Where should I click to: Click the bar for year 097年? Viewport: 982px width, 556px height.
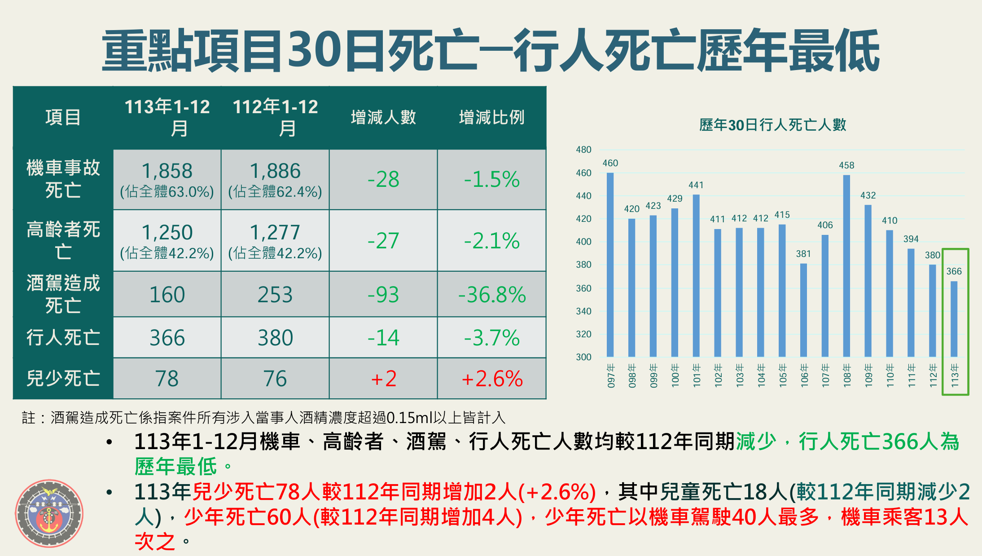tap(610, 265)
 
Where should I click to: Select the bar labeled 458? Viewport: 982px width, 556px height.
tap(846, 266)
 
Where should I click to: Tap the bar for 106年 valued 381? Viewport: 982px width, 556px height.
tap(803, 310)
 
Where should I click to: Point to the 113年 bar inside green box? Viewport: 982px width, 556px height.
tap(954, 319)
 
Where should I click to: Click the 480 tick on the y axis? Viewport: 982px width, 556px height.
tap(583, 150)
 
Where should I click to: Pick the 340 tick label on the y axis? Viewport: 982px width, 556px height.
tap(583, 311)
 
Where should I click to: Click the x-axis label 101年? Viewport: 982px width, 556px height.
tap(697, 375)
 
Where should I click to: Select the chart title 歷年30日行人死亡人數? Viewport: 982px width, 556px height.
tap(772, 125)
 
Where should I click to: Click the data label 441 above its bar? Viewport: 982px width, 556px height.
tap(696, 185)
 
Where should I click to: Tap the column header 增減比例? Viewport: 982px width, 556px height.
tap(491, 118)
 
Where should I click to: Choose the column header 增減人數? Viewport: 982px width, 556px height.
tap(383, 118)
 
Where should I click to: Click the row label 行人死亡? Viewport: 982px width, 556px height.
tap(63, 338)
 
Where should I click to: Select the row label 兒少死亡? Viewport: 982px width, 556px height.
tap(63, 379)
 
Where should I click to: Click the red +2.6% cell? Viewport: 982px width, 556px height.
tap(492, 379)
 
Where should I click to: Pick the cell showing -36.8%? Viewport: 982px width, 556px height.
tap(492, 295)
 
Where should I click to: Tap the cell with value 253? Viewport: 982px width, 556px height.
tap(275, 295)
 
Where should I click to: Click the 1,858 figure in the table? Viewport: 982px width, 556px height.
tap(167, 171)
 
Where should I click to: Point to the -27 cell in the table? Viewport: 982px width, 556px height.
tap(383, 241)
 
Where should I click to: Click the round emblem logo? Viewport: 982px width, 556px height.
tap(49, 513)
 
